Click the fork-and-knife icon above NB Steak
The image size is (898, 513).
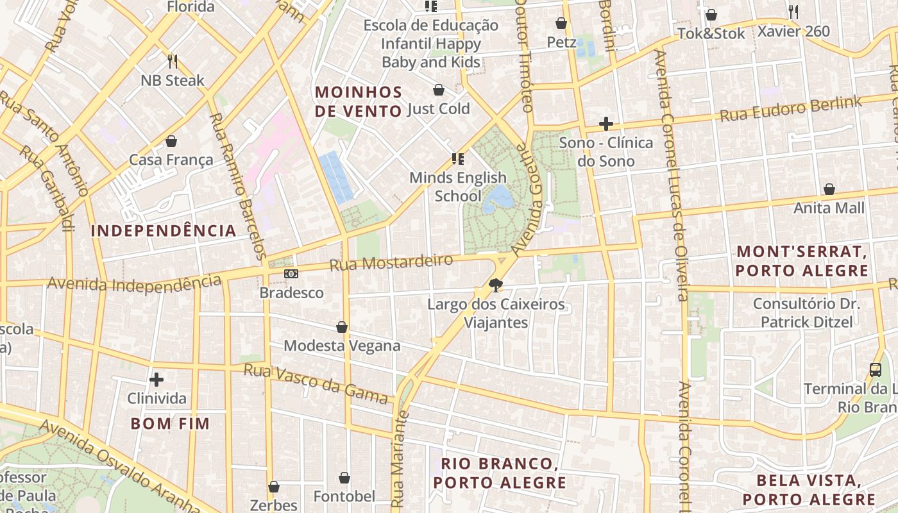point(172,62)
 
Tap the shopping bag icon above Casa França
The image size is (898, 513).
point(171,141)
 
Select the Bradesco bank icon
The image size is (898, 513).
point(291,274)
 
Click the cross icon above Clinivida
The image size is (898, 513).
point(157,380)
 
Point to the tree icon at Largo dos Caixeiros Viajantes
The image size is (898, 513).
point(495,285)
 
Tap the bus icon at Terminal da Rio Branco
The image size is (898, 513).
point(876,370)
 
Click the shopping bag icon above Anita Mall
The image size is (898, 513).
point(829,189)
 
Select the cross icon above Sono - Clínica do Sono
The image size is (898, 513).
point(606,124)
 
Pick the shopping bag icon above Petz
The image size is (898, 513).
point(561,23)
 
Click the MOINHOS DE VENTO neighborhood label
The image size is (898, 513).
point(359,101)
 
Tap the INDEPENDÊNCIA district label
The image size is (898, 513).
point(164,231)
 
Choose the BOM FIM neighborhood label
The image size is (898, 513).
point(170,423)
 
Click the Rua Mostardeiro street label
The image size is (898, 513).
point(391,262)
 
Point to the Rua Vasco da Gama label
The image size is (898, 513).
point(317,384)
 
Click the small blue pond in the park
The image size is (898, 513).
point(498,199)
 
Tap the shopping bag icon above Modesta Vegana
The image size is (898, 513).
point(342,328)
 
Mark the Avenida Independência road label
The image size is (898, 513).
point(134,283)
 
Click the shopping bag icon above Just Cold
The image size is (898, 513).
point(439,90)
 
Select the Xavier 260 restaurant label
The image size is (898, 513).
point(793,31)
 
